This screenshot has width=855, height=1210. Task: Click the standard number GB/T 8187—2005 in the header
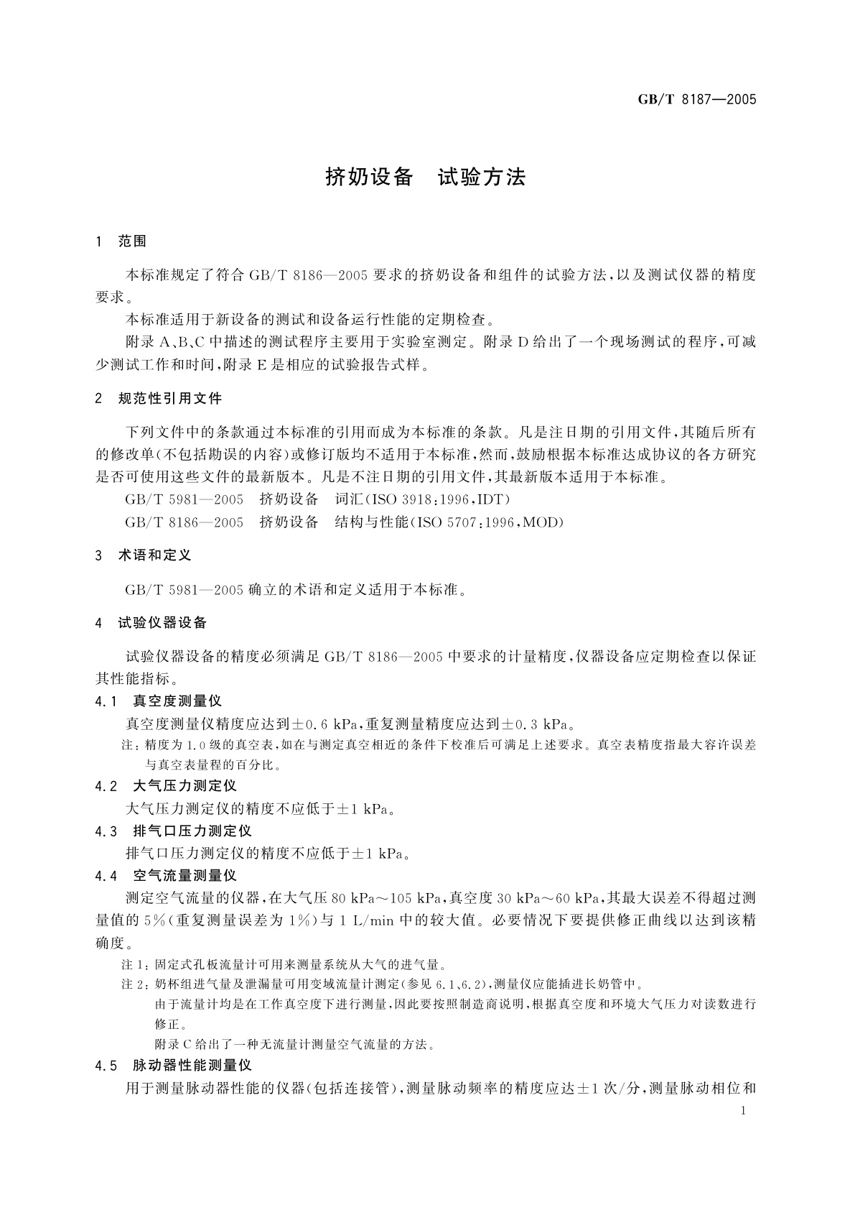tap(697, 100)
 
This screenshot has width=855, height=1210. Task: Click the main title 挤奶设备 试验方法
tap(426, 177)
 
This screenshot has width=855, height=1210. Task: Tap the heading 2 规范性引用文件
tap(159, 398)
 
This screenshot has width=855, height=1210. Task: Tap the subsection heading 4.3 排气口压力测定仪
tap(173, 831)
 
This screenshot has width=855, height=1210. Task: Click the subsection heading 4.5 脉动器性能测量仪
tap(173, 1066)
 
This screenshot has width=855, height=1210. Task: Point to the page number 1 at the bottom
tap(743, 1111)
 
